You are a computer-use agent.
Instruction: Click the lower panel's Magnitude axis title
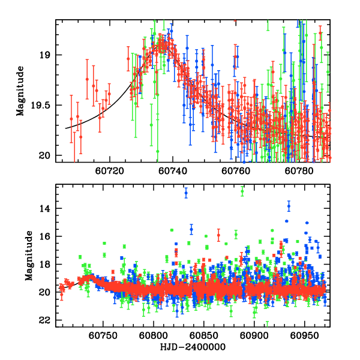28,255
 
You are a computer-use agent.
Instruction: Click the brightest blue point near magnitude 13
186,193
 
